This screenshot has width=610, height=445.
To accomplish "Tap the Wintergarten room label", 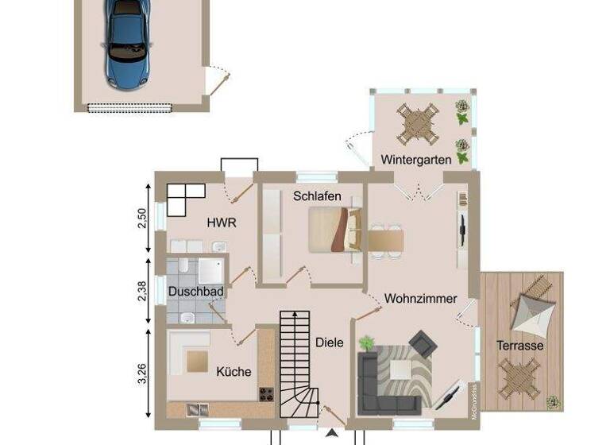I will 415,159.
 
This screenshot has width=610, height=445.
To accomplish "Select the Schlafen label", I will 317,195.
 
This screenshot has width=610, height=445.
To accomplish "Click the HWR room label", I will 222,223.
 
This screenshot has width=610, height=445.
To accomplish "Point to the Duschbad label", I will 195,292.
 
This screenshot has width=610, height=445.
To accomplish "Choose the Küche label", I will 234,371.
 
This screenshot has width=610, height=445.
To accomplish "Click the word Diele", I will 329,342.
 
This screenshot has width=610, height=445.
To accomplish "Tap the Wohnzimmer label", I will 420,299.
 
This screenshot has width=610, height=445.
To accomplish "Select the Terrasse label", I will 520,346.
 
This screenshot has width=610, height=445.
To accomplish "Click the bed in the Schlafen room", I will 334,230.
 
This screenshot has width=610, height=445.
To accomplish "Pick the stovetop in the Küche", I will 266,394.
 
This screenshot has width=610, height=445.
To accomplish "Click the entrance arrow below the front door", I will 332,433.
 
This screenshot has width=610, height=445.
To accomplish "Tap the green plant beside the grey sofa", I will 366,343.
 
